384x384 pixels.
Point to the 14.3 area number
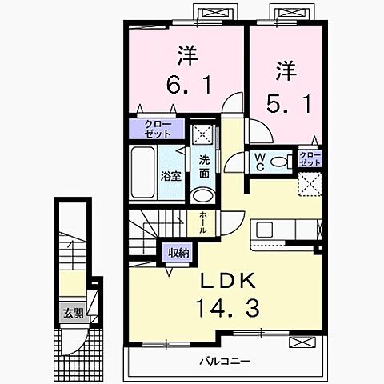[x=227, y=307]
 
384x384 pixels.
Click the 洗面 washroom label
[x=204, y=166]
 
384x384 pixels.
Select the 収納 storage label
[x=178, y=253]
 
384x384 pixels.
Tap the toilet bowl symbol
[x=280, y=161]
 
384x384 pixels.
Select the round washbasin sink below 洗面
[x=203, y=194]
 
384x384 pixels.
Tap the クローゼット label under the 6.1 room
[x=157, y=129]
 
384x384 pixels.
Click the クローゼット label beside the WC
[x=310, y=158]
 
